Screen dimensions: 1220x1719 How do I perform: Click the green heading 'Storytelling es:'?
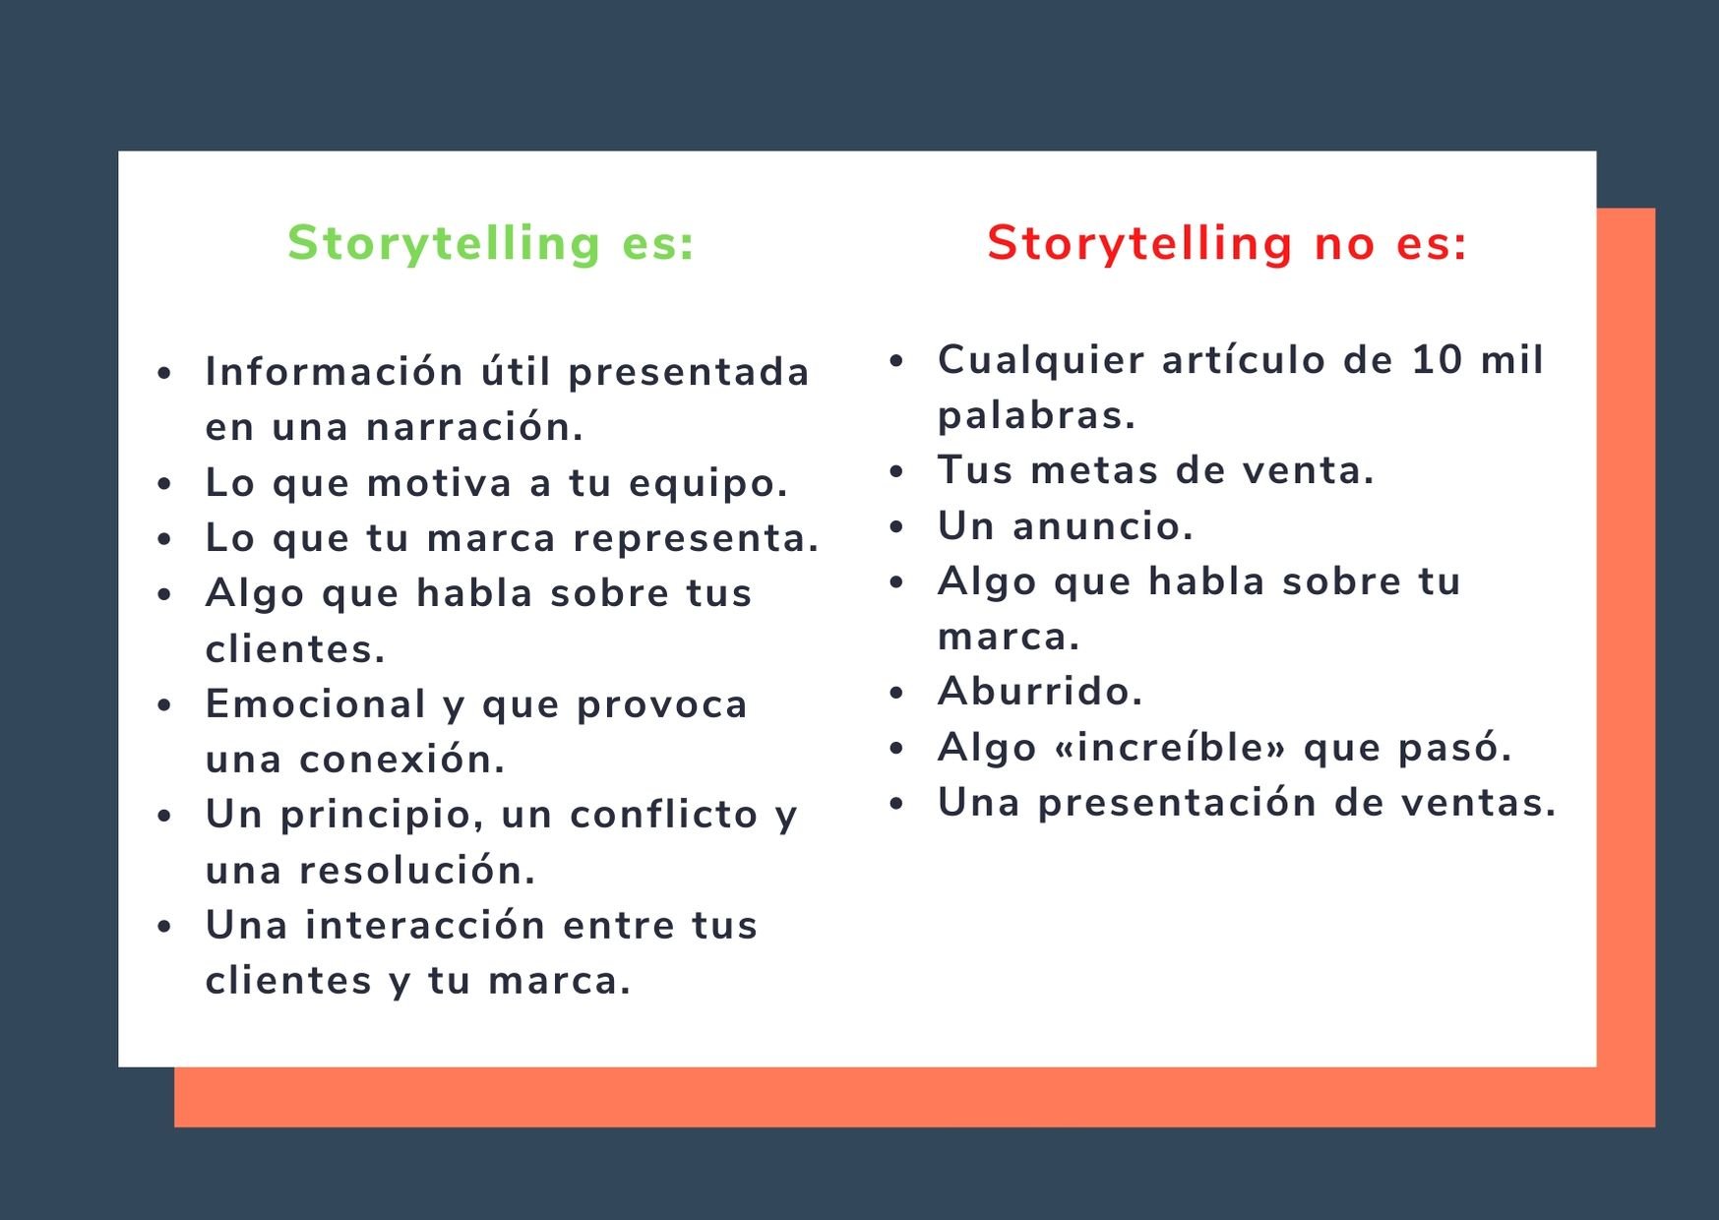(491, 243)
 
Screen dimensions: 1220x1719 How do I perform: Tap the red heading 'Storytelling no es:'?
(1226, 243)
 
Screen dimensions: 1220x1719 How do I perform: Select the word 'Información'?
(334, 372)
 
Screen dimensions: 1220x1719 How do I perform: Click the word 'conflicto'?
(663, 815)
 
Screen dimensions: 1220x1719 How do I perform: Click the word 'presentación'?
(1177, 803)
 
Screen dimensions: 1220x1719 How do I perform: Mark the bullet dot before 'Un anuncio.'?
(896, 527)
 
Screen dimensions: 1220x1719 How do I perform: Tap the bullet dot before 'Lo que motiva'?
(164, 484)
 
